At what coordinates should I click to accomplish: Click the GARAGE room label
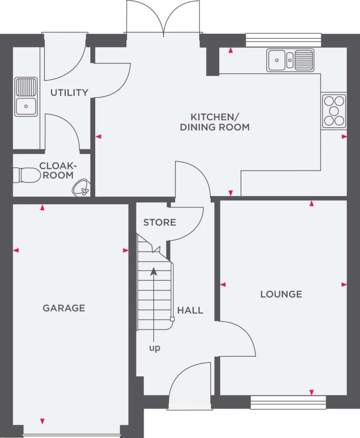point(64,308)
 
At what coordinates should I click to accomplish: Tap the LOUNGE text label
point(281,294)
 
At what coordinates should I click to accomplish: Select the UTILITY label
point(69,92)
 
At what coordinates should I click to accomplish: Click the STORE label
point(160,222)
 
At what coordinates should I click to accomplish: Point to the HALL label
point(190,310)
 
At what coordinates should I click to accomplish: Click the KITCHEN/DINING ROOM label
point(215,122)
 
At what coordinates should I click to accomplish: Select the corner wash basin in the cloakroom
point(82,187)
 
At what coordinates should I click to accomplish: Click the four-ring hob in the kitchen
point(334,111)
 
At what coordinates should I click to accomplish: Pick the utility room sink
point(26,97)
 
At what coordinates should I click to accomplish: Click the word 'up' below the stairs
point(154,348)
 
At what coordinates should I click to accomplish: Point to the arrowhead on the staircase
point(154,271)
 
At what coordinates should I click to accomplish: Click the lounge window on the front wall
point(288,402)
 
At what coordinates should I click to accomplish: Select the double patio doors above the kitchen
point(163,18)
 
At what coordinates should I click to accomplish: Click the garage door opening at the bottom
point(72,435)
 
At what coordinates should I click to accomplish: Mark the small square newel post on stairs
point(172,319)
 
